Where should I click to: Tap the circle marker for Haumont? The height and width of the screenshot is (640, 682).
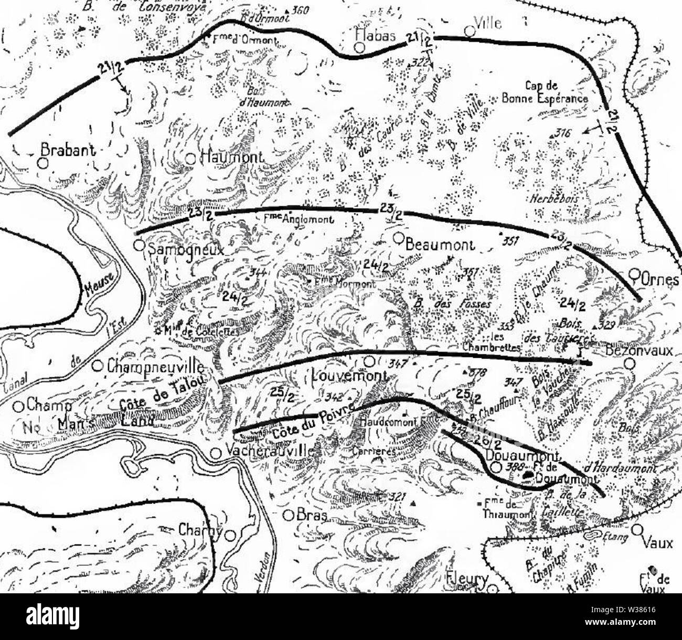pyautogui.click(x=191, y=159)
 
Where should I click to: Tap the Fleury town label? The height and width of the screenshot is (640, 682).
pyautogui.click(x=466, y=580)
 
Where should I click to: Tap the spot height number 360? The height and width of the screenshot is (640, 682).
pyautogui.click(x=302, y=9)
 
